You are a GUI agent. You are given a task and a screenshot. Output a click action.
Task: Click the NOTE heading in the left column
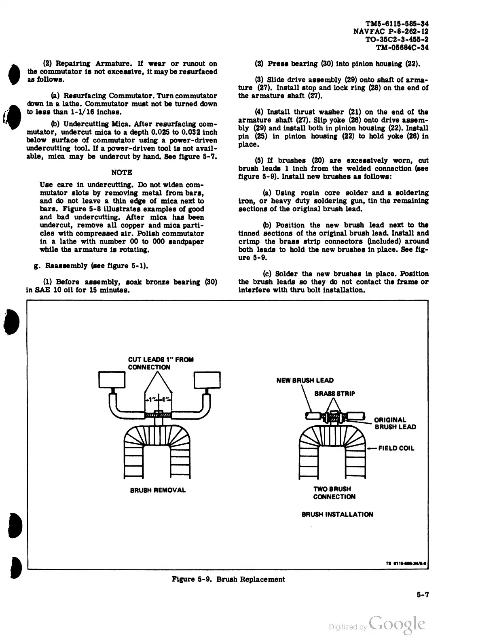tap(121, 172)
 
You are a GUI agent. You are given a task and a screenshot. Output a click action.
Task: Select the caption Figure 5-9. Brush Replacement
tap(228, 579)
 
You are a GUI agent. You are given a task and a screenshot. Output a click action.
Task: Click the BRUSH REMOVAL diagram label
tap(158, 490)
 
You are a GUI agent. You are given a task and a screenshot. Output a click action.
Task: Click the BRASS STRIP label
tap(334, 393)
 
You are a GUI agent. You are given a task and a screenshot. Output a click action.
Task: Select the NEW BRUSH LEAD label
tap(305, 380)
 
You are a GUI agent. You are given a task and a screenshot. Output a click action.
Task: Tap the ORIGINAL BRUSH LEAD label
tap(395, 423)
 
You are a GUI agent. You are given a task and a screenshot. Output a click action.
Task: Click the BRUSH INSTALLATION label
tap(337, 514)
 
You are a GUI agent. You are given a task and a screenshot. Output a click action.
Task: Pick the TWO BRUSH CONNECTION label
tap(334, 493)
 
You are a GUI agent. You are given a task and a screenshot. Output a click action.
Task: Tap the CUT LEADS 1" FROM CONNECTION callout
tap(161, 363)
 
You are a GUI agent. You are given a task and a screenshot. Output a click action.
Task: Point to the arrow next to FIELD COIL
tap(372, 448)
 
